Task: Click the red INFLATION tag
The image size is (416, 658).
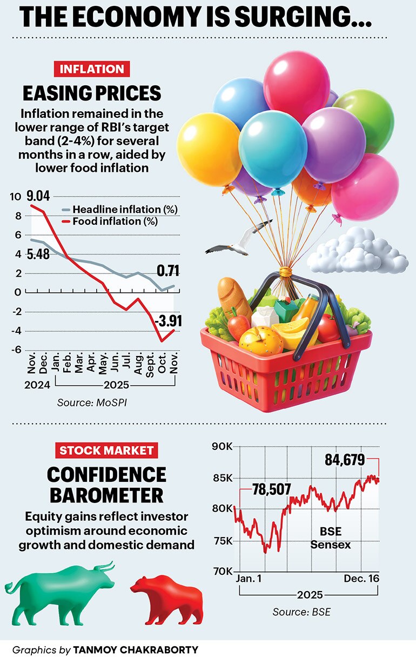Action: pyautogui.click(x=91, y=69)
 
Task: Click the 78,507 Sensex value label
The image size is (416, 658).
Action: pyautogui.click(x=272, y=489)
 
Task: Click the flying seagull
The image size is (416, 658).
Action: pyautogui.click(x=238, y=240)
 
